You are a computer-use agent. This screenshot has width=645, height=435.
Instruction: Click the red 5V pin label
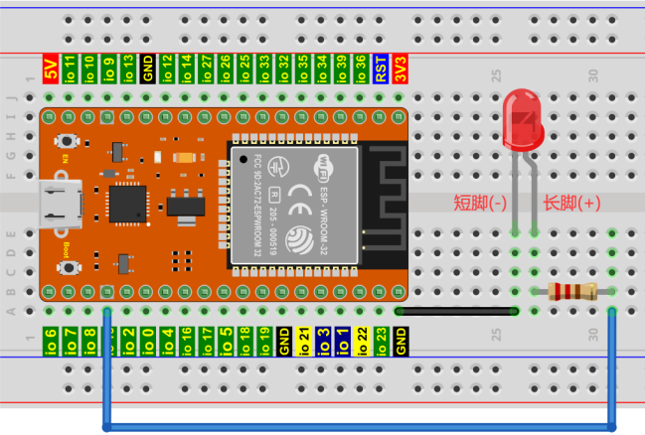[x=50, y=69]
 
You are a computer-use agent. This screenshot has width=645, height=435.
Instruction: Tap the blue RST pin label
[x=381, y=69]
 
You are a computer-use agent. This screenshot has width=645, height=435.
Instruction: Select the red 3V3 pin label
[x=401, y=69]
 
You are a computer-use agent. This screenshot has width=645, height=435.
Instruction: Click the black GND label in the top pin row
[x=147, y=69]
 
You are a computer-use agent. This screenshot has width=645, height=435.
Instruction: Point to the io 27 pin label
[x=206, y=69]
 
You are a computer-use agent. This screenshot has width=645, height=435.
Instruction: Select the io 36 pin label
[x=361, y=69]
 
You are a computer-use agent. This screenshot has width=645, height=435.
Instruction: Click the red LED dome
[x=524, y=117]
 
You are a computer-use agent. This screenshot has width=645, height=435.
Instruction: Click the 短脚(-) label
[x=481, y=204]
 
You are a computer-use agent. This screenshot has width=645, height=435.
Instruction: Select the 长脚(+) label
[x=571, y=204]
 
